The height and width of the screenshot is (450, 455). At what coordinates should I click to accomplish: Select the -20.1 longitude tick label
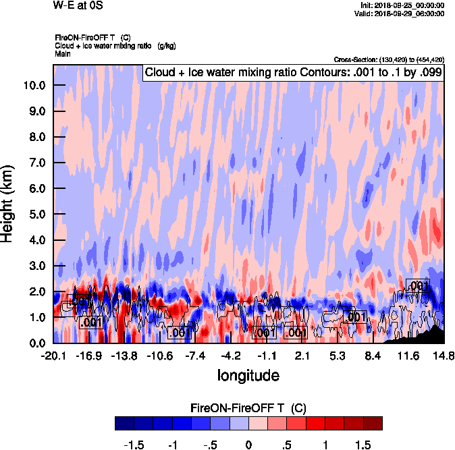tap(53, 356)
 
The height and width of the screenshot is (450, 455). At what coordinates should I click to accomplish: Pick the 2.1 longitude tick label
tap(302, 356)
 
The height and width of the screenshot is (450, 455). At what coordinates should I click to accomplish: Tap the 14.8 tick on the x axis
tap(444, 356)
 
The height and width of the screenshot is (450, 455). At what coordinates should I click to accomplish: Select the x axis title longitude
tap(248, 374)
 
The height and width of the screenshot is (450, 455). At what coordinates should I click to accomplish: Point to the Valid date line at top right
tap(401, 13)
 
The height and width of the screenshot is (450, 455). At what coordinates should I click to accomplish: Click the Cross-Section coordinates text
tap(388, 59)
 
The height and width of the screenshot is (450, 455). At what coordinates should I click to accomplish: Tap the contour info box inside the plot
tap(292, 73)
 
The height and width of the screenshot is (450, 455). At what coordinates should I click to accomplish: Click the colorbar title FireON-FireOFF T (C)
tap(248, 408)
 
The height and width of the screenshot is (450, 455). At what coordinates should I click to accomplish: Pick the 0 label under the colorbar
tap(248, 445)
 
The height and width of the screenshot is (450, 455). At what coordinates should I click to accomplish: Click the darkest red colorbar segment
tap(373, 423)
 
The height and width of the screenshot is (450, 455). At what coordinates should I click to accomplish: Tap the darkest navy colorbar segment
tap(124, 423)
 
